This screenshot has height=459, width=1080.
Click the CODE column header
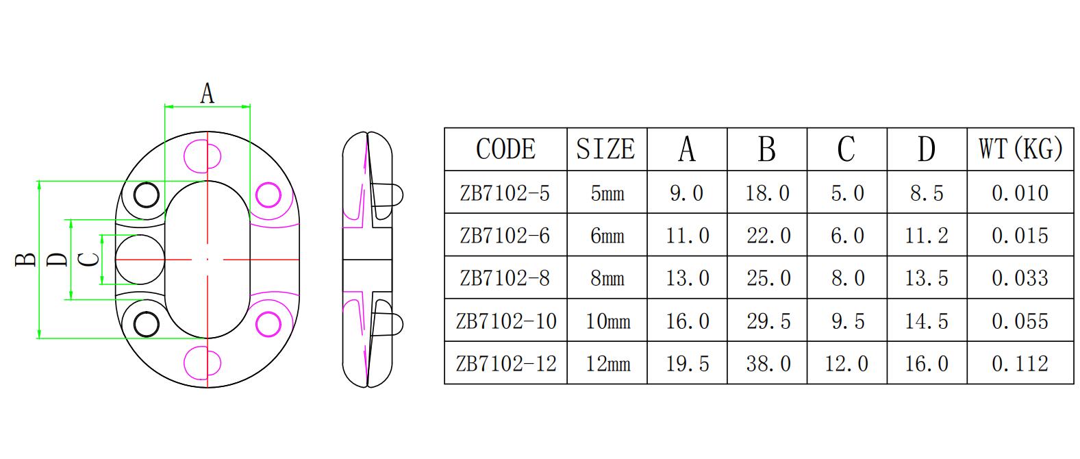505,149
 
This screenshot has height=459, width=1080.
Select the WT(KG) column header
1020,149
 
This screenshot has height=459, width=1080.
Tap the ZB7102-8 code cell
505,278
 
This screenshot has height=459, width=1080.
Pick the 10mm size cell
607,321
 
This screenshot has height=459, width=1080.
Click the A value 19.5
687,363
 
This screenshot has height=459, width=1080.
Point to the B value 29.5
767,321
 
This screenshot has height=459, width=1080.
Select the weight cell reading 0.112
1020,363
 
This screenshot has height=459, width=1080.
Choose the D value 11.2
927,236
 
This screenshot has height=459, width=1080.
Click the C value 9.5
847,321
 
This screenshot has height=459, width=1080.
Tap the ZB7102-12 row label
505,363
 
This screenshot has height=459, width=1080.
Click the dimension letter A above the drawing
207,92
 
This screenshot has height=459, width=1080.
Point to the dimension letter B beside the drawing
26,260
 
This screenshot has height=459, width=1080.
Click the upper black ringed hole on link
146,195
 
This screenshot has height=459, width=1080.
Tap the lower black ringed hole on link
146,323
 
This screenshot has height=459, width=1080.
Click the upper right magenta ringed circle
266,195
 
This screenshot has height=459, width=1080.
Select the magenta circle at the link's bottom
204,362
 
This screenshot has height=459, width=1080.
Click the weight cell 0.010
1020,193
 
